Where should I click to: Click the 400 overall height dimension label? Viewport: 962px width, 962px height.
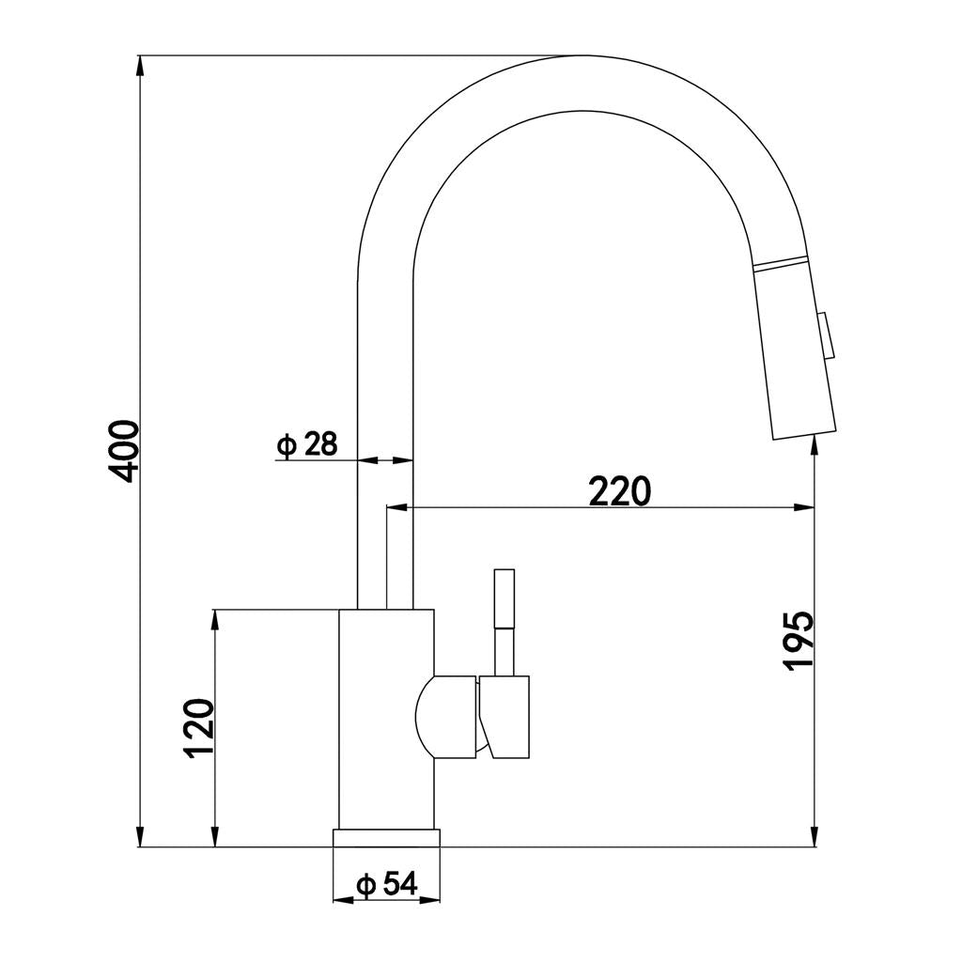pos(125,451)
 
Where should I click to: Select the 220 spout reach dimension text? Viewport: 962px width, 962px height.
pos(618,490)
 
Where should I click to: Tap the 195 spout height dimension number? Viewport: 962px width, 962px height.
pos(798,641)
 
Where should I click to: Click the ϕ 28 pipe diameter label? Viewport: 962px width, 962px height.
pos(307,444)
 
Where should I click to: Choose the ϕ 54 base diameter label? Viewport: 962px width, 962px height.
pos(386,883)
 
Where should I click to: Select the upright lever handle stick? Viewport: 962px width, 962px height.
pos(504,620)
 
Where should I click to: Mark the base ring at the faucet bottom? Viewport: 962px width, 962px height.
pos(386,838)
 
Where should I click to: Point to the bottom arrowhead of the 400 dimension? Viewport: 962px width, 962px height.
pos(140,837)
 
